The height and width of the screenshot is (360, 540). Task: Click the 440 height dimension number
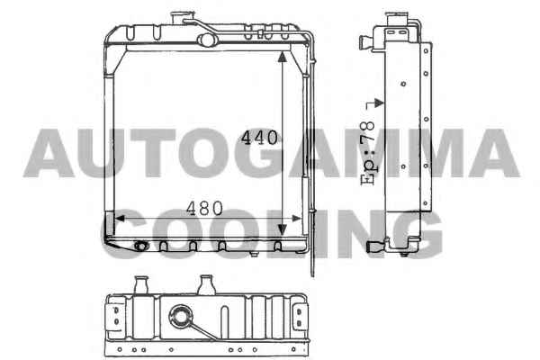coord(259,138)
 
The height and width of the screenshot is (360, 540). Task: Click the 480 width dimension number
coord(204,209)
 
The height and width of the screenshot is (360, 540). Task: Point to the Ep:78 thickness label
coord(367,153)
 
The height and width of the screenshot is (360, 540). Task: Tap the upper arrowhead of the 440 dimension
coord(283,58)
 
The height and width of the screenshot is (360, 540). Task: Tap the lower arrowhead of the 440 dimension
coord(283,229)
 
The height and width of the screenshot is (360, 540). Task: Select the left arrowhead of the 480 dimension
coord(120,219)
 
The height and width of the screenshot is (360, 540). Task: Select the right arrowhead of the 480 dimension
coord(296,219)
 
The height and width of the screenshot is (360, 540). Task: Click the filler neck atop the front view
coord(181,18)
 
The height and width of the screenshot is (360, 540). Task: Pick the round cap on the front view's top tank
coord(207,40)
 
